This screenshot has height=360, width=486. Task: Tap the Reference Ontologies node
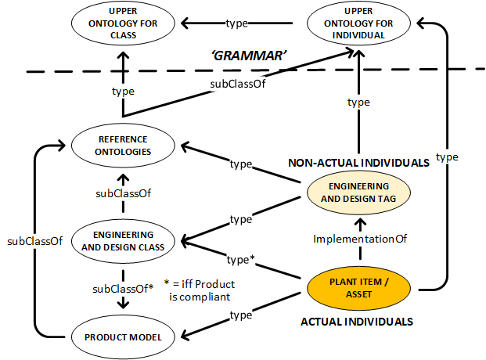123,146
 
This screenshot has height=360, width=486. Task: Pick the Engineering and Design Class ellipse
123,241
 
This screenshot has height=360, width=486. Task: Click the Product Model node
123,337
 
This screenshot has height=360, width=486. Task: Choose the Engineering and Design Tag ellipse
357,193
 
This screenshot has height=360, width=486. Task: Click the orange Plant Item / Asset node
357,288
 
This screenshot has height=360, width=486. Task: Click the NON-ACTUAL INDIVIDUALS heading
358,163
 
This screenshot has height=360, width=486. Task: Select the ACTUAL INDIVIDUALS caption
357,321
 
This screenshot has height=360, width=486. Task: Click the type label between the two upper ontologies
237,23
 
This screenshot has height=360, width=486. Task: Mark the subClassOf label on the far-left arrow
34,241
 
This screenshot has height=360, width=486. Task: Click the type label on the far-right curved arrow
447,157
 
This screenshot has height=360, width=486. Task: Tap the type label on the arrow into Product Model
240,315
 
